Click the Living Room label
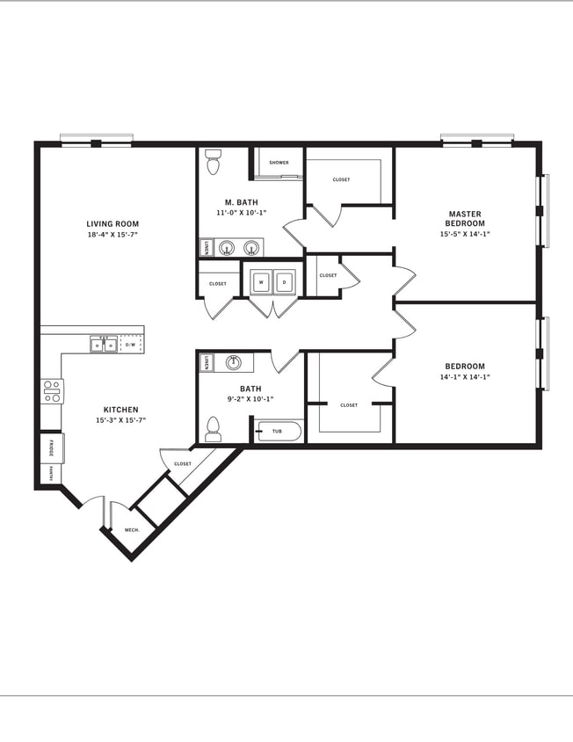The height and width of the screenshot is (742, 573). [112, 224]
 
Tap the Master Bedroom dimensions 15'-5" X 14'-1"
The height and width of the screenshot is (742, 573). [465, 234]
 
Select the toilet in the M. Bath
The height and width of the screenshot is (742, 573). [212, 162]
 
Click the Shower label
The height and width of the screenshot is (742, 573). [279, 163]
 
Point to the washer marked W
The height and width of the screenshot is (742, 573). [261, 282]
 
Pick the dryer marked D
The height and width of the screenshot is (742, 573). [284, 282]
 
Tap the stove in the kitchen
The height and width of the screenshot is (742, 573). [52, 390]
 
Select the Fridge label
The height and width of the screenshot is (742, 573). [51, 447]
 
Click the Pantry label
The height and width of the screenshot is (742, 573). [51, 473]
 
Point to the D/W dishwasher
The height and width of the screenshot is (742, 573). [131, 345]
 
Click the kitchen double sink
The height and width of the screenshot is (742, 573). [104, 345]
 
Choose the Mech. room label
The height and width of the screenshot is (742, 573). [132, 530]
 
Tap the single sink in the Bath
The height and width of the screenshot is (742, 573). [234, 361]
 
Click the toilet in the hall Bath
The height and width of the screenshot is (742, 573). [212, 429]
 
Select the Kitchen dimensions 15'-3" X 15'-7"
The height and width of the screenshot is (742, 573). [121, 420]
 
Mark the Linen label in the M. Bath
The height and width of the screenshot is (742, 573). [206, 248]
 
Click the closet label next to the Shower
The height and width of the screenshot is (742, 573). [341, 179]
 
